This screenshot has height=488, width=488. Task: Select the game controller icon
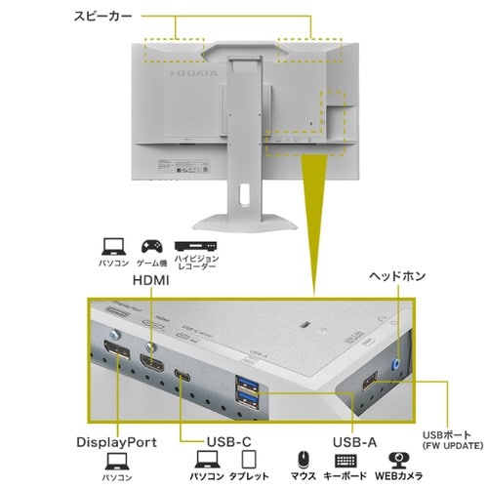[x=151, y=246]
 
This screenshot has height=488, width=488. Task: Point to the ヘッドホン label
[x=398, y=276]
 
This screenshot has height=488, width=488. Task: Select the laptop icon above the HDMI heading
[x=111, y=246]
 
